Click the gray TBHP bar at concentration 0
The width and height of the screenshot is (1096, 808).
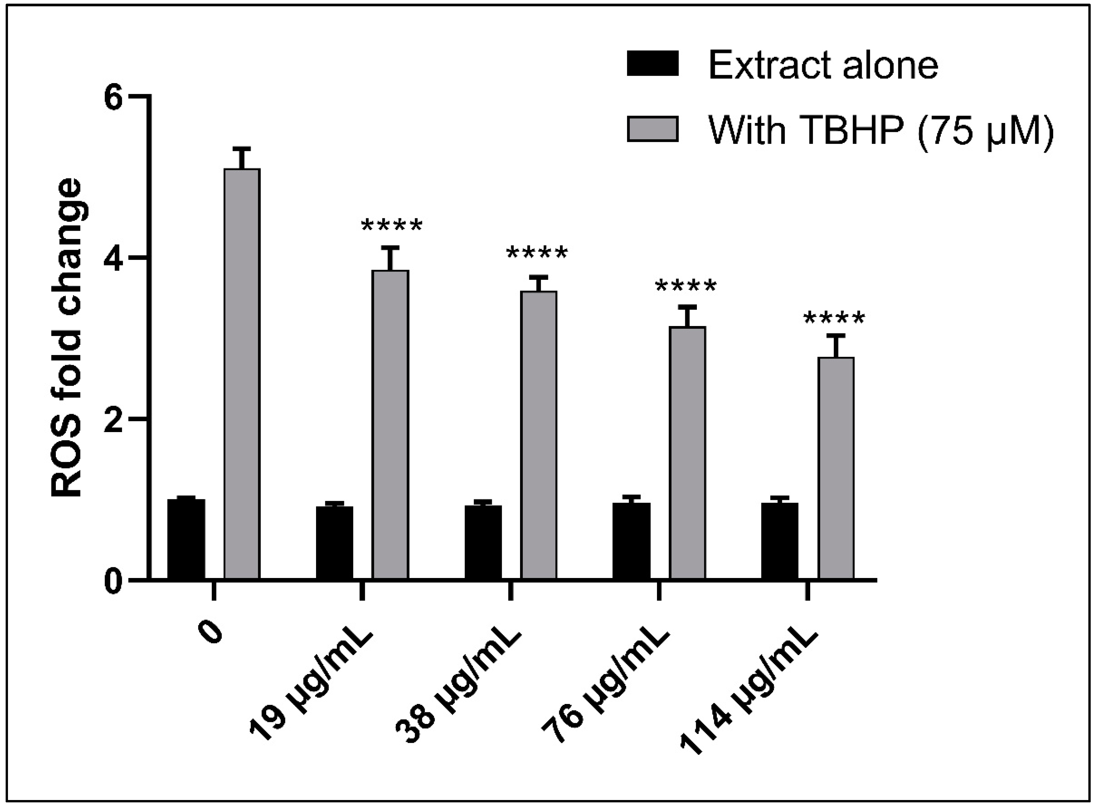pos(242,374)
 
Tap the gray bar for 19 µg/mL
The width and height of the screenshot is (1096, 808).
pos(390,424)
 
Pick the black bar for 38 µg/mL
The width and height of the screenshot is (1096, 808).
pos(483,542)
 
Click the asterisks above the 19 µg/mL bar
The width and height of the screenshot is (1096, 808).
pos(391,226)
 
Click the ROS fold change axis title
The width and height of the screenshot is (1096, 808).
pos(67,337)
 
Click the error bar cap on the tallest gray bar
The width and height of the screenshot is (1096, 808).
pos(242,148)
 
